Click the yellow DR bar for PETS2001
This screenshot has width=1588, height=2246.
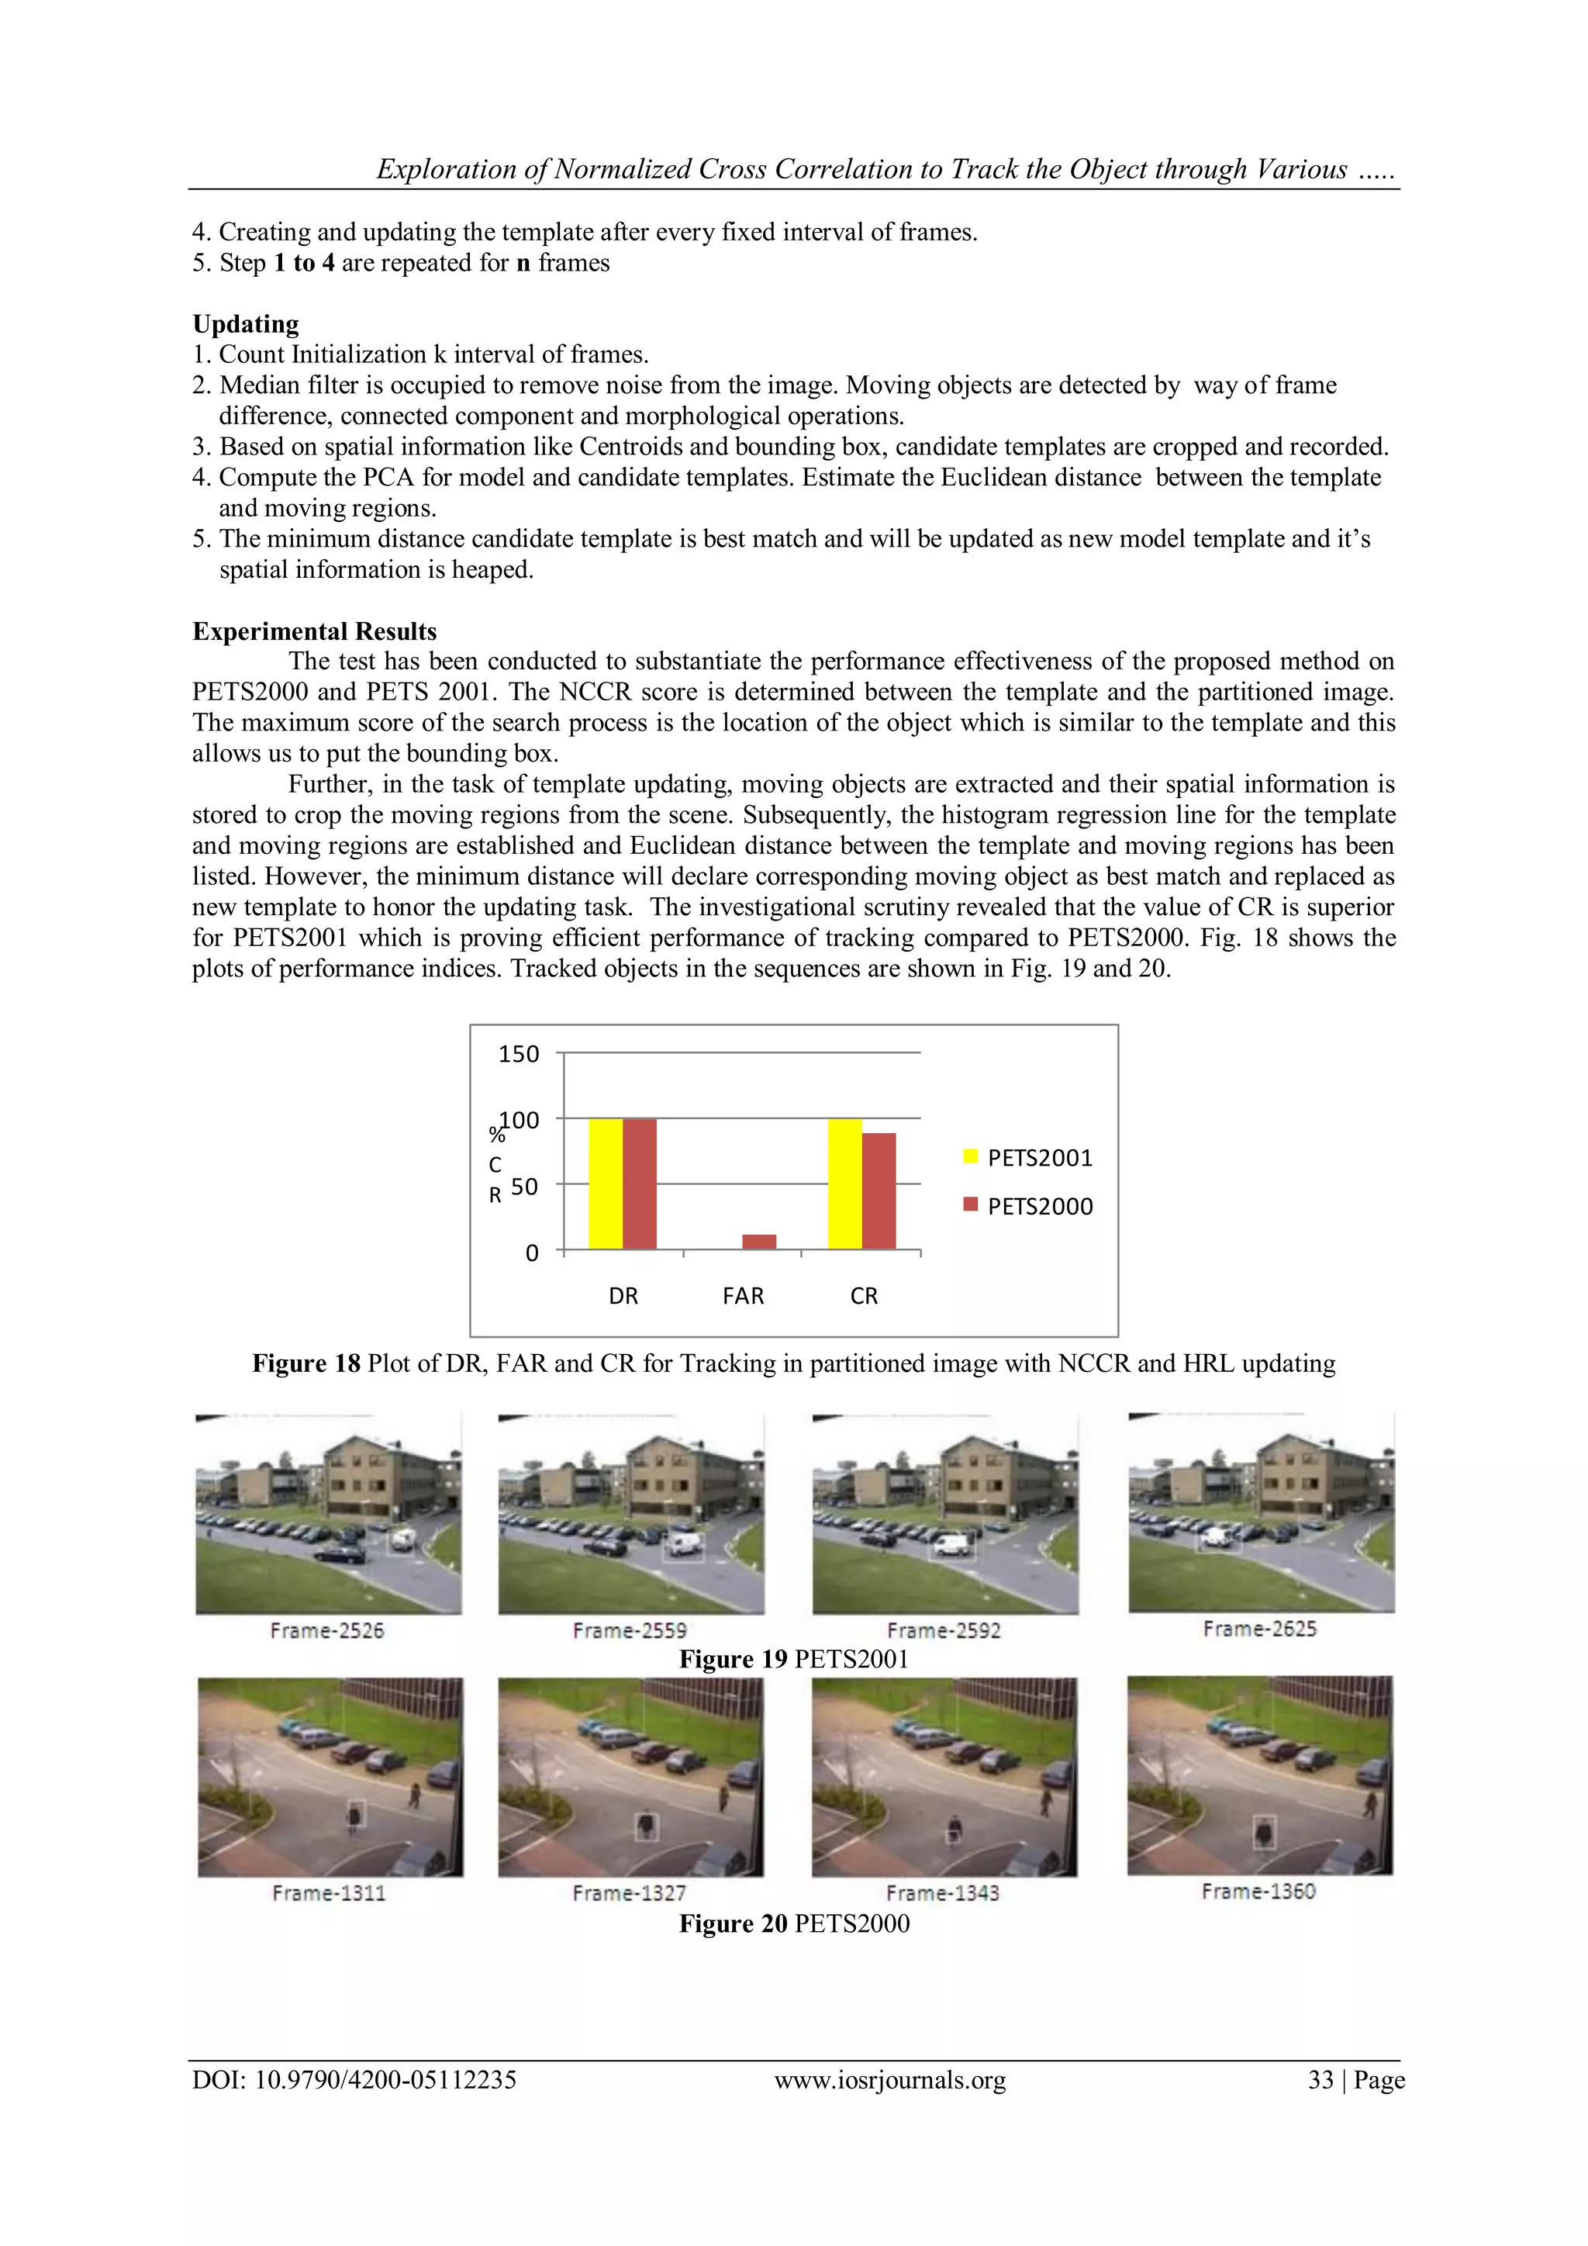point(606,1183)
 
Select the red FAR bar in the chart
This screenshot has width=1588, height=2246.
point(759,1242)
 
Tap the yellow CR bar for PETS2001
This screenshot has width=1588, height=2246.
point(845,1183)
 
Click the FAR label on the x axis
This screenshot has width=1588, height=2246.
point(743,1295)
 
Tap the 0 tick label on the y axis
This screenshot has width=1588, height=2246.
point(531,1253)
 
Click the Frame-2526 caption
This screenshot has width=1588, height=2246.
point(327,1631)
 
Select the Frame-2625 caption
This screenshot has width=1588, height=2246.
point(1259,1629)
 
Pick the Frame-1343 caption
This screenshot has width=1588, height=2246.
point(943,1893)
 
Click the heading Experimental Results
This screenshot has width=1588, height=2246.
point(314,631)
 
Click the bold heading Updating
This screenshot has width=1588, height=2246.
point(246,323)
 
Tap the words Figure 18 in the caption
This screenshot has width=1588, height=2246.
point(306,1363)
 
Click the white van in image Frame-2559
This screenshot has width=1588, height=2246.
point(683,1545)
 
